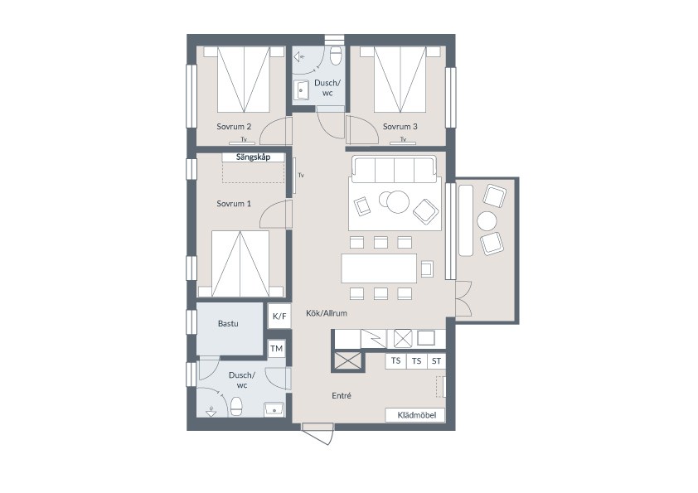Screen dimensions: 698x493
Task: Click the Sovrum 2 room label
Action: pyautogui.click(x=234, y=127)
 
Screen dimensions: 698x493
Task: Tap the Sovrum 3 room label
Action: pyautogui.click(x=400, y=127)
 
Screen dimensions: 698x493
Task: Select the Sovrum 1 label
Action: pyautogui.click(x=234, y=204)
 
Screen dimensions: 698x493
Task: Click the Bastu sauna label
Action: pyautogui.click(x=228, y=323)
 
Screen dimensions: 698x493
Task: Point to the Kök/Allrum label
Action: pyautogui.click(x=327, y=313)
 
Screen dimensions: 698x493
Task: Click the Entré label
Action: pyautogui.click(x=342, y=395)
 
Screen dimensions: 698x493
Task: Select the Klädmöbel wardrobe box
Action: pyautogui.click(x=414, y=415)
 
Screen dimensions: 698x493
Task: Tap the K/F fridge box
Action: pyautogui.click(x=279, y=316)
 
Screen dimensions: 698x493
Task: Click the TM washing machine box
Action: pyautogui.click(x=276, y=348)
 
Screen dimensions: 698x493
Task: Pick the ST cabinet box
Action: pyautogui.click(x=436, y=361)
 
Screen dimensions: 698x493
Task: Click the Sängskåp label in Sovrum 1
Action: pyautogui.click(x=253, y=157)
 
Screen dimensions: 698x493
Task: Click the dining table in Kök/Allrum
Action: pyautogui.click(x=379, y=268)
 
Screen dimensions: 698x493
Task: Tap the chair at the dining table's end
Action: pyautogui.click(x=427, y=268)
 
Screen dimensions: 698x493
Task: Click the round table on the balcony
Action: pyautogui.click(x=487, y=220)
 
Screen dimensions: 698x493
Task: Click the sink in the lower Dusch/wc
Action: pyautogui.click(x=274, y=408)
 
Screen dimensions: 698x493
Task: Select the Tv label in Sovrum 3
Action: pyautogui.click(x=404, y=139)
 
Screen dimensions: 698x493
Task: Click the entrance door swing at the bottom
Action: pyautogui.click(x=317, y=434)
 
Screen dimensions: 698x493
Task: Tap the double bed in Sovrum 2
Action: pyautogui.click(x=244, y=80)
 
